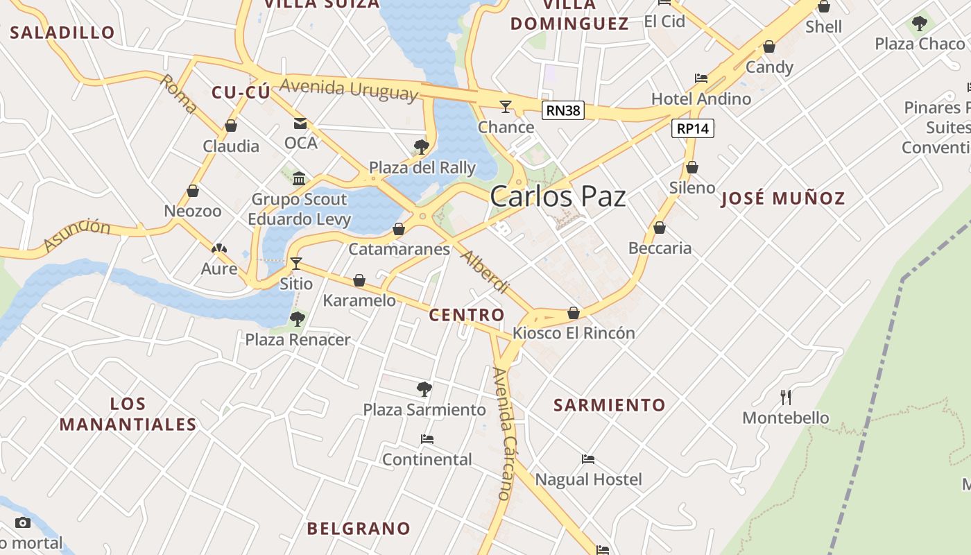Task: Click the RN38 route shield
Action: [x=563, y=110]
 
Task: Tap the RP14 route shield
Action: [x=693, y=128]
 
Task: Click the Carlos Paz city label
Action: [x=558, y=196]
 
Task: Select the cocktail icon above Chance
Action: [x=506, y=106]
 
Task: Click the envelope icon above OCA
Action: [x=300, y=123]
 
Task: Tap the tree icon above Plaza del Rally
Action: [x=421, y=146]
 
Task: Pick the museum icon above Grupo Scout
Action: [x=299, y=178]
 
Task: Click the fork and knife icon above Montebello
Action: [x=786, y=397]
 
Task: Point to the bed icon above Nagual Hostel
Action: [x=588, y=459]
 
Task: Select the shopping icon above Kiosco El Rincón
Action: [x=574, y=313]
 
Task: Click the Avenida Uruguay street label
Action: [x=350, y=89]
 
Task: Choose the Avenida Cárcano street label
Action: [x=505, y=434]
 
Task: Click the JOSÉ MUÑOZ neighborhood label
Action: [x=784, y=198]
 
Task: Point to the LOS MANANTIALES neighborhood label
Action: [x=128, y=414]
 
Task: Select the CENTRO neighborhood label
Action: [x=467, y=315]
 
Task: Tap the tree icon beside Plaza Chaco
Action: [x=920, y=24]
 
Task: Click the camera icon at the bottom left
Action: [x=23, y=522]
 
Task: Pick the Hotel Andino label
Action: [x=701, y=99]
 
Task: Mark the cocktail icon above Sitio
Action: [x=296, y=263]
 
